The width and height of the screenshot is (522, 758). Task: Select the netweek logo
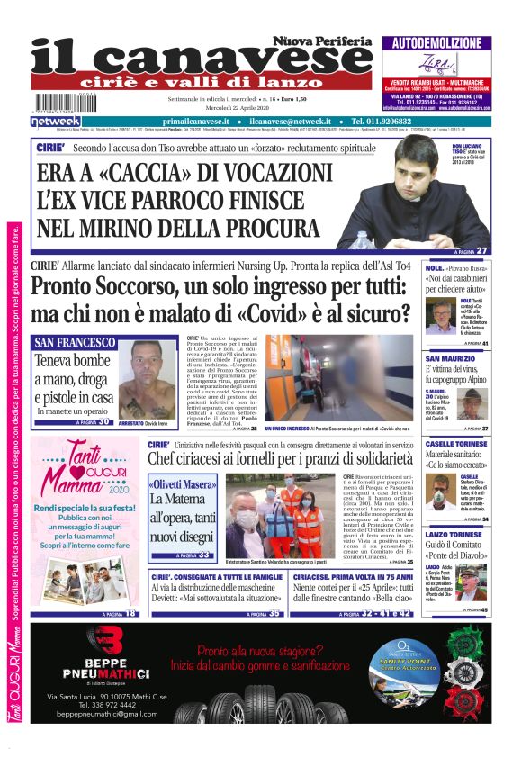(56, 121)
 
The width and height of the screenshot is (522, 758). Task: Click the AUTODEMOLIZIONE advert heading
(436, 43)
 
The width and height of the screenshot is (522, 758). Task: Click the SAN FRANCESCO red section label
(75, 343)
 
